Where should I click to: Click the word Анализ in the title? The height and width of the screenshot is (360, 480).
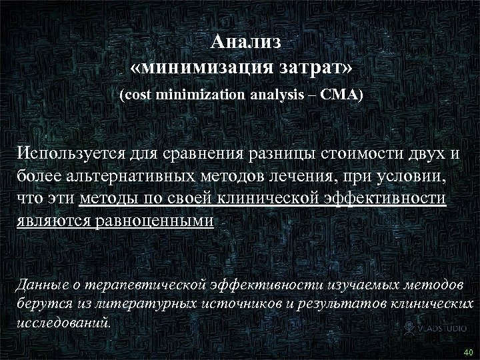pos(246,42)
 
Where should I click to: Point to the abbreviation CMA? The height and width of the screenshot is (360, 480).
pos(341,95)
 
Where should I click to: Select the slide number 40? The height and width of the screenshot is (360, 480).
pos(467,352)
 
